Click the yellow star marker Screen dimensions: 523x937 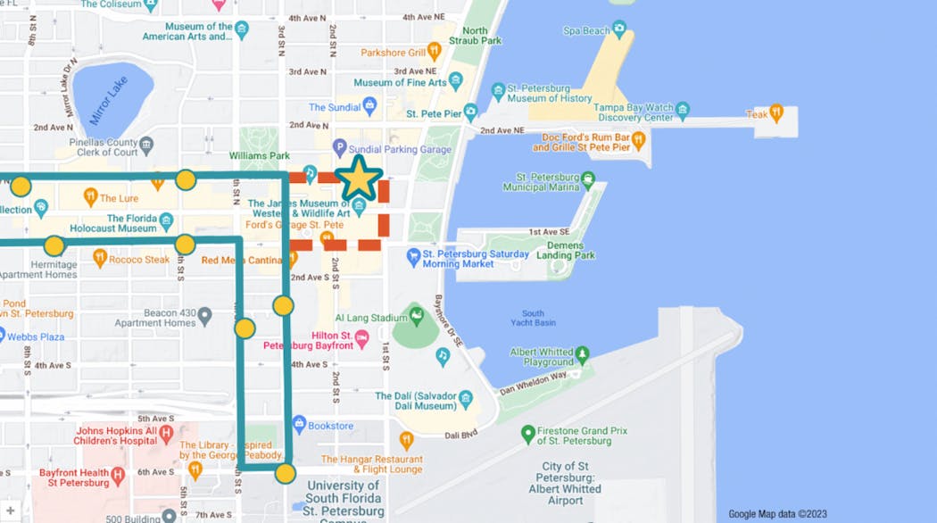pos(359,178)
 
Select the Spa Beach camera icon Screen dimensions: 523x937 pos(619,30)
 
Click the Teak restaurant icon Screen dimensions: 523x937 pos(775,113)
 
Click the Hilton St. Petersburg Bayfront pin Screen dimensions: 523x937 pos(361,340)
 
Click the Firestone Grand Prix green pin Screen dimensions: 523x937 pos(528,435)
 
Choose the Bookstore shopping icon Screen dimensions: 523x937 pos(299,426)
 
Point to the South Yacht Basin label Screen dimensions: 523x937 pos(533,318)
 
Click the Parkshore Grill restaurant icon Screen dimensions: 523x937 pos(435,52)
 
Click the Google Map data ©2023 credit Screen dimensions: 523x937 pos(777,514)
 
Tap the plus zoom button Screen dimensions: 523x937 pos(10,511)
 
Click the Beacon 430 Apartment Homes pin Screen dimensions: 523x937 pos(204,316)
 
